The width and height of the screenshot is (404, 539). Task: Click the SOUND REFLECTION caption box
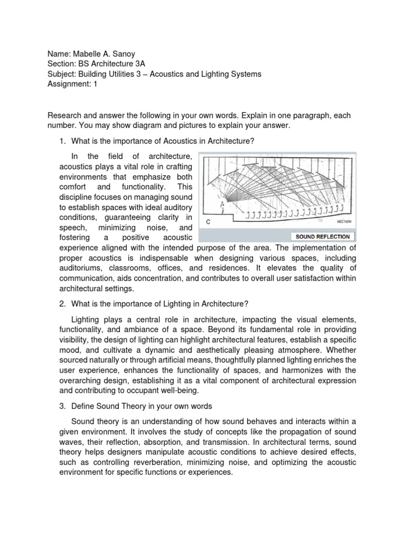(x=323, y=237)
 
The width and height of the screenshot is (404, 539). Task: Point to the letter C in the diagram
(x=209, y=222)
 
